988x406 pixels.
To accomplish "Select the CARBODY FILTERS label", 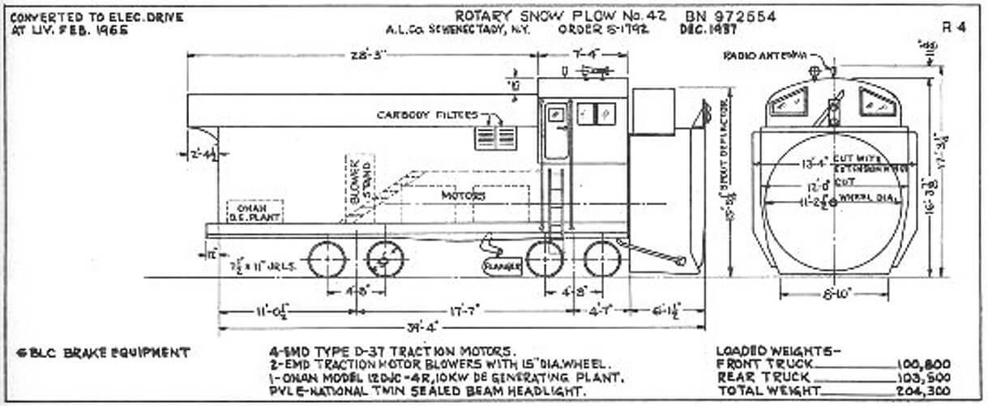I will tap(427, 115).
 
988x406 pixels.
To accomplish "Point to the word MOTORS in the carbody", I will tap(464, 195).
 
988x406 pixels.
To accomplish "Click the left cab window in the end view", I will tap(786, 101).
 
